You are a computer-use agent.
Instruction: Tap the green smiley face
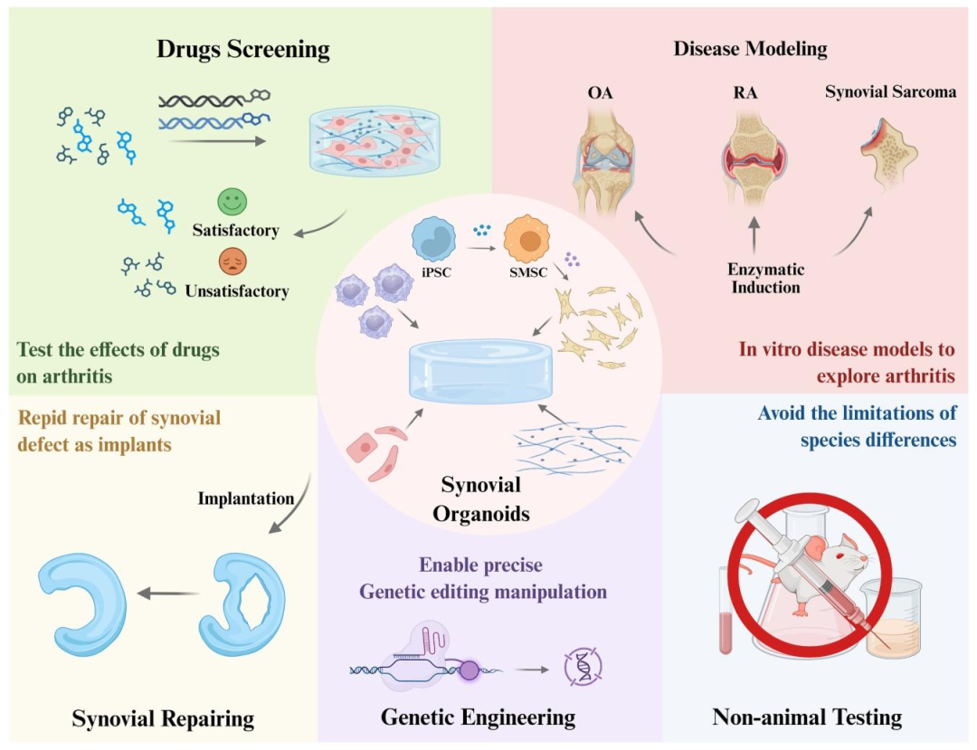click(x=232, y=202)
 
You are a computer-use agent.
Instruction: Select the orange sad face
click(x=232, y=262)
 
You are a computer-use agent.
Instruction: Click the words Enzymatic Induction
click(x=765, y=279)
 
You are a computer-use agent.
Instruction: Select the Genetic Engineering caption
click(x=478, y=717)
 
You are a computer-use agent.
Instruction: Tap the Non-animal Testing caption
click(x=807, y=717)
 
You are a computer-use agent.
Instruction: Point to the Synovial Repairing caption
click(x=163, y=719)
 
